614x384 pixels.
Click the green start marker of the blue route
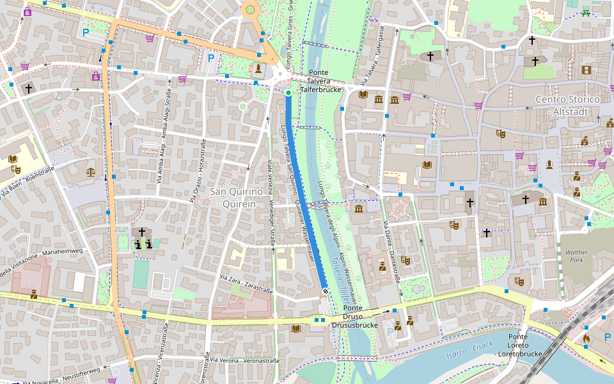click(x=288, y=93)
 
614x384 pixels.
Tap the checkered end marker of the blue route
click(x=326, y=292)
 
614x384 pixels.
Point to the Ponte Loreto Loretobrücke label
click(x=519, y=345)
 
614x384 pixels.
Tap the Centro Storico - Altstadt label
click(x=567, y=105)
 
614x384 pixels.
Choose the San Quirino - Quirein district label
click(x=233, y=198)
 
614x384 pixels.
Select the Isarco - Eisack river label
click(x=471, y=349)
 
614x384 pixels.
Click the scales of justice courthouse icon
click(x=91, y=172)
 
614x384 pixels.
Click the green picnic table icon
click(x=586, y=11)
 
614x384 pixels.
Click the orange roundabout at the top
click(x=251, y=9)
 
